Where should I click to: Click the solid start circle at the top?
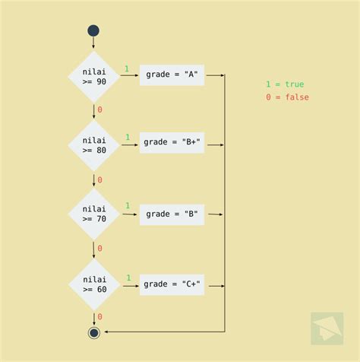click(93, 30)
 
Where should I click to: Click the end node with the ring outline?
click(94, 332)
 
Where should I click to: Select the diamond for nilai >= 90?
click(94, 77)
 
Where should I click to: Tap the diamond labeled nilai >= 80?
click(94, 145)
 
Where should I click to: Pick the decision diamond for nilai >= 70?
click(94, 214)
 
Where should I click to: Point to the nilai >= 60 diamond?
click(94, 284)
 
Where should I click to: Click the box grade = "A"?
click(172, 75)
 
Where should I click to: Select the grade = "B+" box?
click(172, 142)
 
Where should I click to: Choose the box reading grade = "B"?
click(172, 214)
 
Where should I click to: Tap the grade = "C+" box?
click(172, 284)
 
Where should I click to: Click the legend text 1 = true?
click(285, 84)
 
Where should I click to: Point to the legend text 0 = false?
click(287, 97)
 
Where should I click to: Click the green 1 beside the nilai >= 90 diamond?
click(127, 68)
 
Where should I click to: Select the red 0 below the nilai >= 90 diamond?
click(99, 110)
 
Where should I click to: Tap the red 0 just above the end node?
click(99, 317)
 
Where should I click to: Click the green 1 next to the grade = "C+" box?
click(128, 278)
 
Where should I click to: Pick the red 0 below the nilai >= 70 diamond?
click(99, 249)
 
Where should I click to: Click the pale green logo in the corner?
click(327, 329)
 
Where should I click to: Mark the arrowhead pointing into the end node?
click(106, 332)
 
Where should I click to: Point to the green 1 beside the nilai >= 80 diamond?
click(128, 137)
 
